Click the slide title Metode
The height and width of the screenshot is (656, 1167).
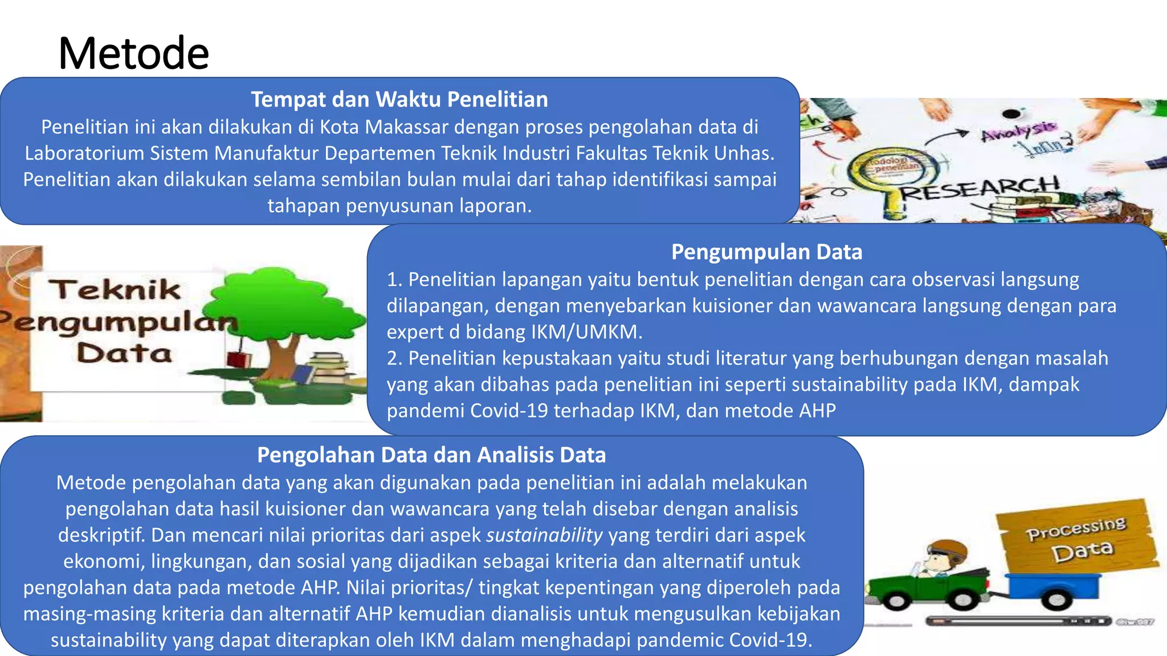[134, 53]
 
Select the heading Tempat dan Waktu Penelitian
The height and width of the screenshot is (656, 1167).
[399, 100]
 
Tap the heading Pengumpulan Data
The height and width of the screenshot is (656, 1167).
[766, 252]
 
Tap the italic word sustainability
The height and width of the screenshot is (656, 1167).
[544, 535]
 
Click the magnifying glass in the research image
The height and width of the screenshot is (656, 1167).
[889, 171]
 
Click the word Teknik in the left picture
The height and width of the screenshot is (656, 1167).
[118, 290]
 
